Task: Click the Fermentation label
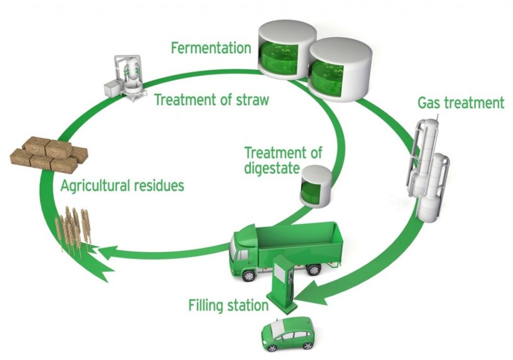210,48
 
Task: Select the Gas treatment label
460,103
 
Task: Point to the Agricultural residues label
122,186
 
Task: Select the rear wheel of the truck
314,270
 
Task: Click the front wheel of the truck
248,275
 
